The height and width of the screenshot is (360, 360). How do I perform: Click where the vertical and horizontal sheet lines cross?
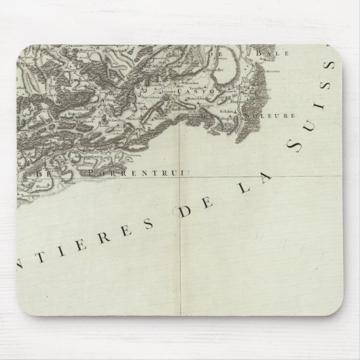(180, 173)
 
